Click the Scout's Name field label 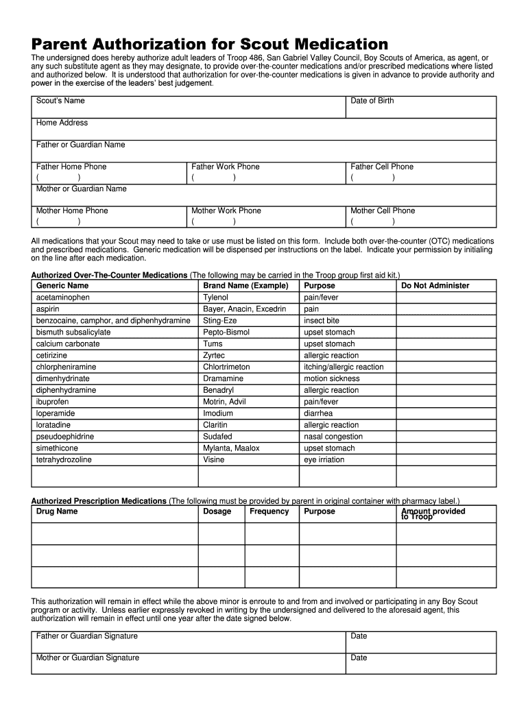(60, 101)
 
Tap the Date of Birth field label (372, 101)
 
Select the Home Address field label (62, 123)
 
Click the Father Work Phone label (226, 167)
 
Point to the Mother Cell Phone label (383, 210)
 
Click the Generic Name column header (62, 285)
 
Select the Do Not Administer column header (435, 285)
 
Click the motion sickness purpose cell (331, 378)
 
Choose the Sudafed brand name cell (217, 437)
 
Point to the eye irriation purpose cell (324, 460)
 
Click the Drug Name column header (57, 511)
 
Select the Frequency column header (269, 511)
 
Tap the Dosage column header (217, 511)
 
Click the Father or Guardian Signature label (87, 636)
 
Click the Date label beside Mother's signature (359, 657)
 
